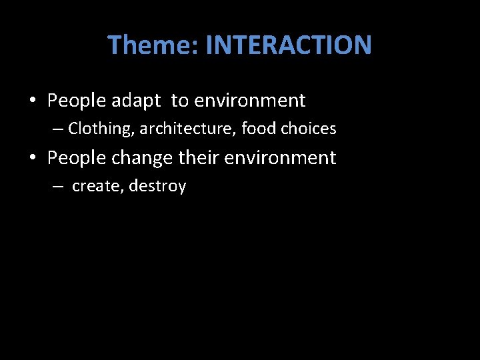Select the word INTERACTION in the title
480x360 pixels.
(x=289, y=45)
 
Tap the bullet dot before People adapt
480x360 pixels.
(x=32, y=101)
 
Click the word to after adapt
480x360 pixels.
(x=179, y=101)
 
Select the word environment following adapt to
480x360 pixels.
(x=249, y=101)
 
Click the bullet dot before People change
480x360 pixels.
(x=32, y=159)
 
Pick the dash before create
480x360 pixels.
(x=59, y=187)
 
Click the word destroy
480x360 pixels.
(x=157, y=187)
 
